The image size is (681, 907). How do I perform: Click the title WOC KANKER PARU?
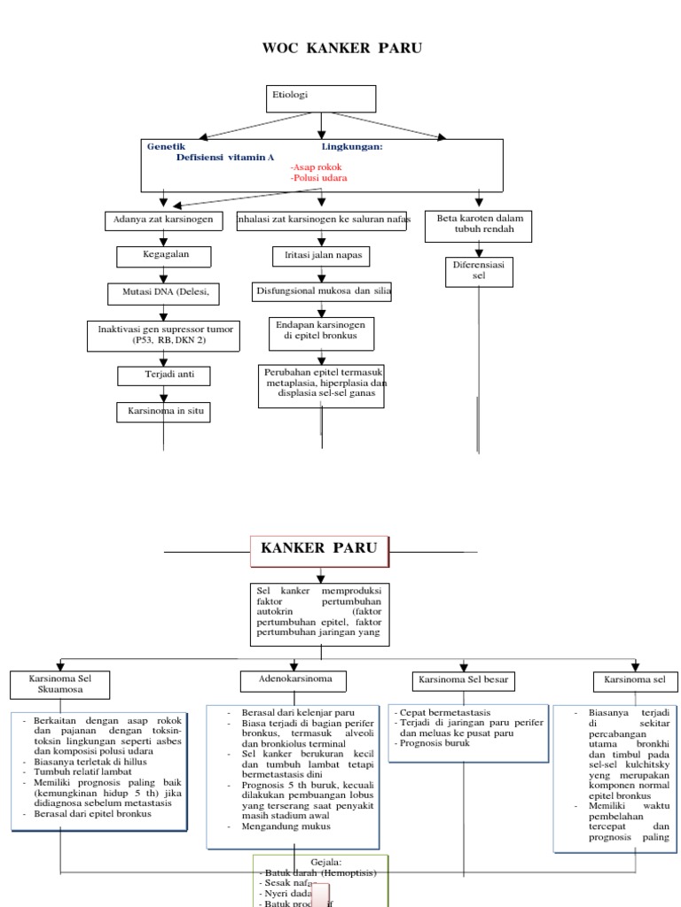(341, 48)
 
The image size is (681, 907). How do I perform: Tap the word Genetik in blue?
(166, 147)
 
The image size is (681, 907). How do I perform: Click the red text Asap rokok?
(316, 167)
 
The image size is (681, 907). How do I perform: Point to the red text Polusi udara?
(318, 178)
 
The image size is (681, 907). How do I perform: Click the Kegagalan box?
(164, 257)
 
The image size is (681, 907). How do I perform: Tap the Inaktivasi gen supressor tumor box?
(162, 334)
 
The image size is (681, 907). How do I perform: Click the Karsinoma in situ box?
(164, 412)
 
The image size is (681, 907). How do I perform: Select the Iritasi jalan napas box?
(320, 257)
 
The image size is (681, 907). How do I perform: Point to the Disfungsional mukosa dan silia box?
(323, 291)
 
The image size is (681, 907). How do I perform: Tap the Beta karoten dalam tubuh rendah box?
(480, 226)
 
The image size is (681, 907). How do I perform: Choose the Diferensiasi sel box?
(479, 272)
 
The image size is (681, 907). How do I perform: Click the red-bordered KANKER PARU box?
(319, 549)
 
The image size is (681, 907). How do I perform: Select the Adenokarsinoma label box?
(294, 680)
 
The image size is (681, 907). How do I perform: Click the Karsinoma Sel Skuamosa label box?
(60, 683)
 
